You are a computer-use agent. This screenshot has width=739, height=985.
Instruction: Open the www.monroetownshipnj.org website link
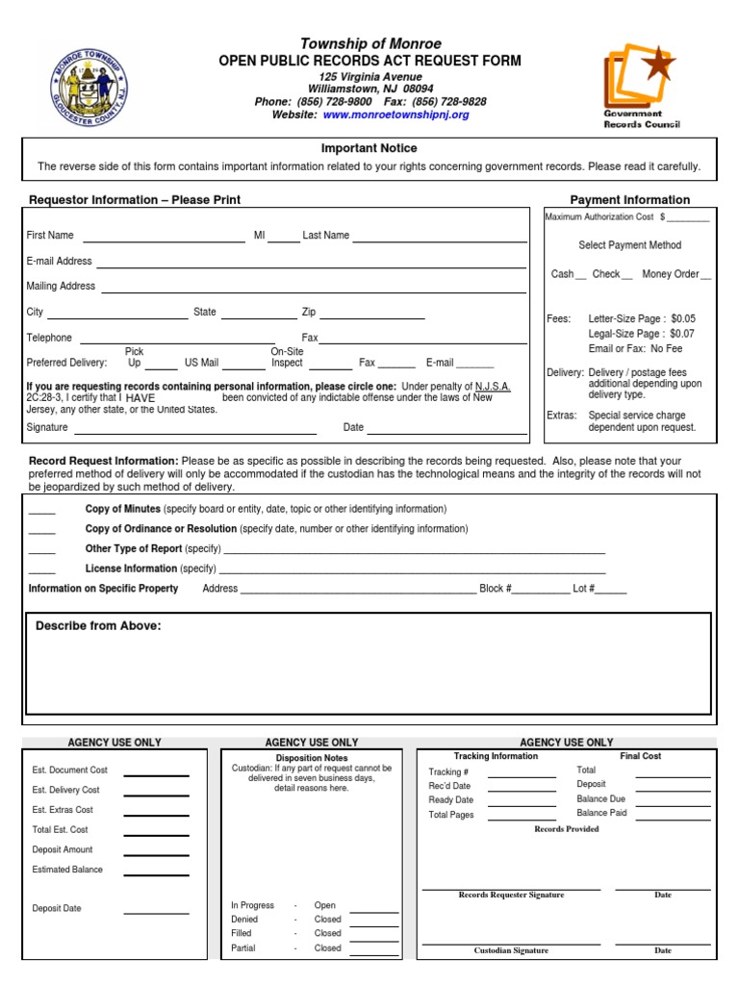tap(395, 114)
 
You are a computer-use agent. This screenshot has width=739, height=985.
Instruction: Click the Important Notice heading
tap(369, 148)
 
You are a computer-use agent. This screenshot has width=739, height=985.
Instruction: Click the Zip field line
tap(372, 316)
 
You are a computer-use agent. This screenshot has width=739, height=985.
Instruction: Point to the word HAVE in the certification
tap(140, 397)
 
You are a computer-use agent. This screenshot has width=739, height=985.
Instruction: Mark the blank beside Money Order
tap(706, 277)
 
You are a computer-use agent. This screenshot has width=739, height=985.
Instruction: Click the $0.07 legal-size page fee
tap(682, 334)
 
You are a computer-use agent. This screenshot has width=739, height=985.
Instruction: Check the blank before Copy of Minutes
tap(41, 512)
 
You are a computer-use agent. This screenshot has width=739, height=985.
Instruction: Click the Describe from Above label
tap(98, 626)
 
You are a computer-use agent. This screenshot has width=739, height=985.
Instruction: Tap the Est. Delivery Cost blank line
tap(156, 793)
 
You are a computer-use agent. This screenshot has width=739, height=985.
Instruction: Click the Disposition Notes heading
tap(312, 758)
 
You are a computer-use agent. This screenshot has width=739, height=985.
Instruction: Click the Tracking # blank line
tap(521, 774)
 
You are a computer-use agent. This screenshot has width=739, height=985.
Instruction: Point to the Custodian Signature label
tap(511, 950)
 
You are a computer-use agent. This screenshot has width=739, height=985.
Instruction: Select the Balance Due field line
tap(673, 802)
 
